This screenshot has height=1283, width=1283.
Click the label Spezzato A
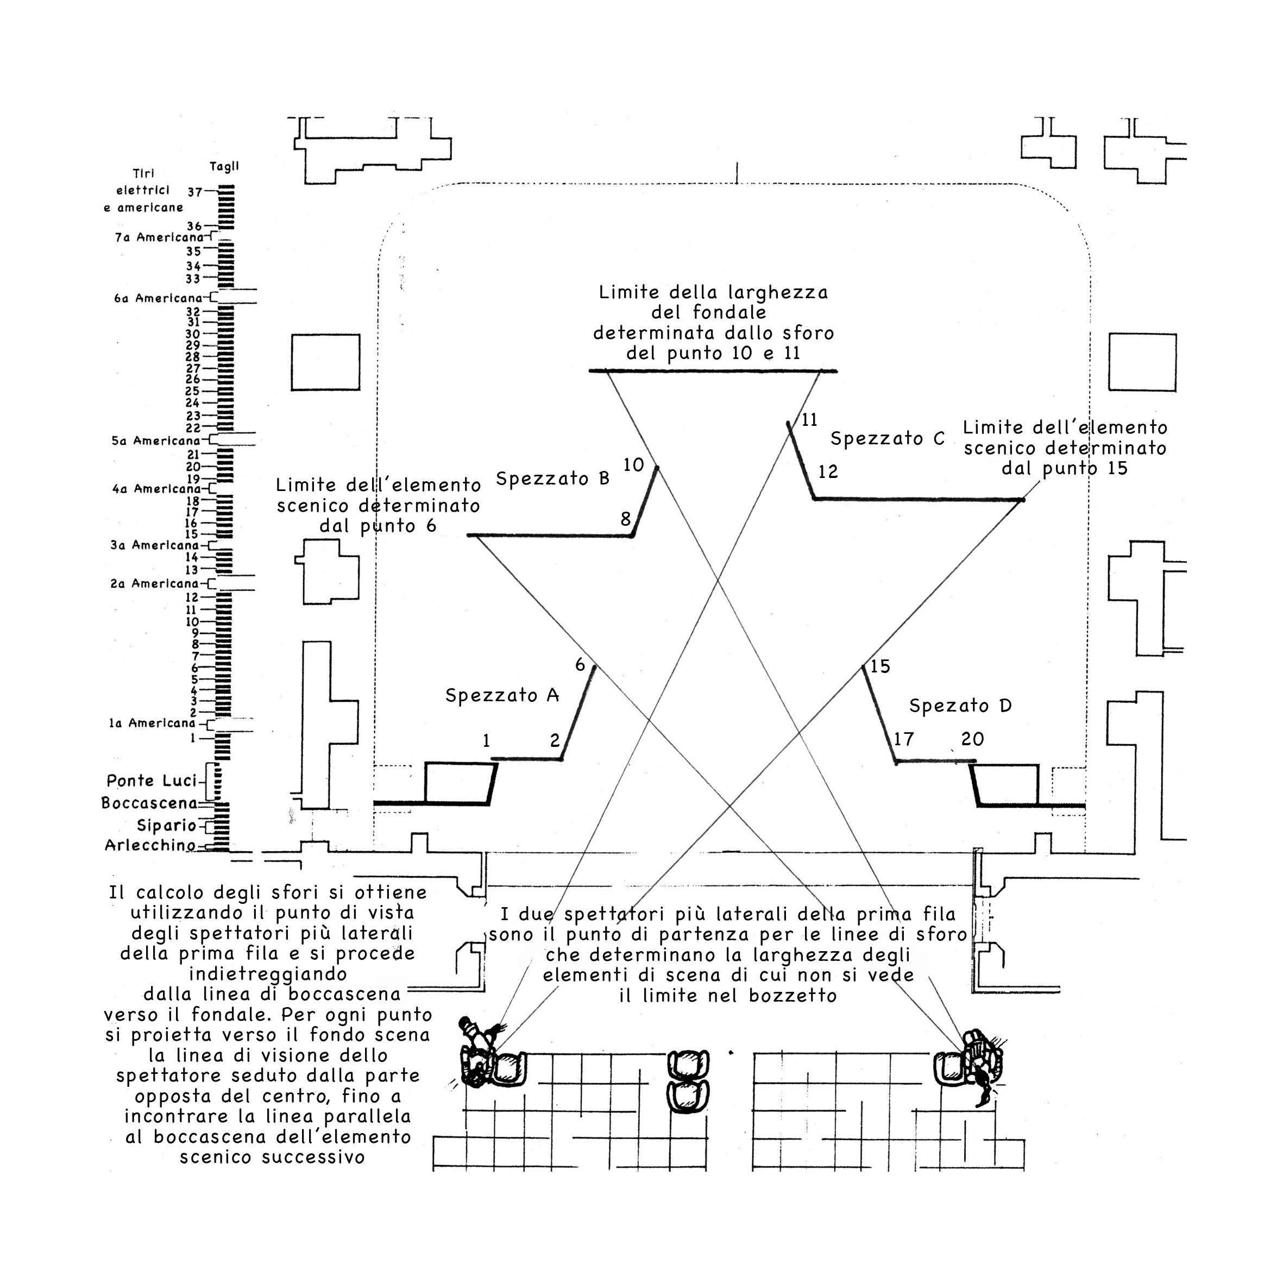click(x=502, y=695)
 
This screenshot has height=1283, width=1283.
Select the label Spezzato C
click(x=887, y=439)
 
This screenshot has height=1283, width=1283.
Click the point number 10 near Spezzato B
click(x=633, y=465)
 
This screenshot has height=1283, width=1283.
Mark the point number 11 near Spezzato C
click(x=809, y=420)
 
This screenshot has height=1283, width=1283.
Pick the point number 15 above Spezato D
click(x=880, y=666)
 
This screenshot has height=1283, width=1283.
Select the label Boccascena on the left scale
click(x=149, y=803)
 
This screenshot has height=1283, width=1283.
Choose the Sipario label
click(x=166, y=826)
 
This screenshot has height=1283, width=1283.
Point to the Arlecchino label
click(x=150, y=845)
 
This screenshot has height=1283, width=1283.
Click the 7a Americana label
click(x=159, y=237)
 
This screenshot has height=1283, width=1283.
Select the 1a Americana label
click(x=152, y=723)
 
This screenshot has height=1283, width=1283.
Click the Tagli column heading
click(x=224, y=167)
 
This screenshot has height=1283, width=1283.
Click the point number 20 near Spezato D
click(x=972, y=739)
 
